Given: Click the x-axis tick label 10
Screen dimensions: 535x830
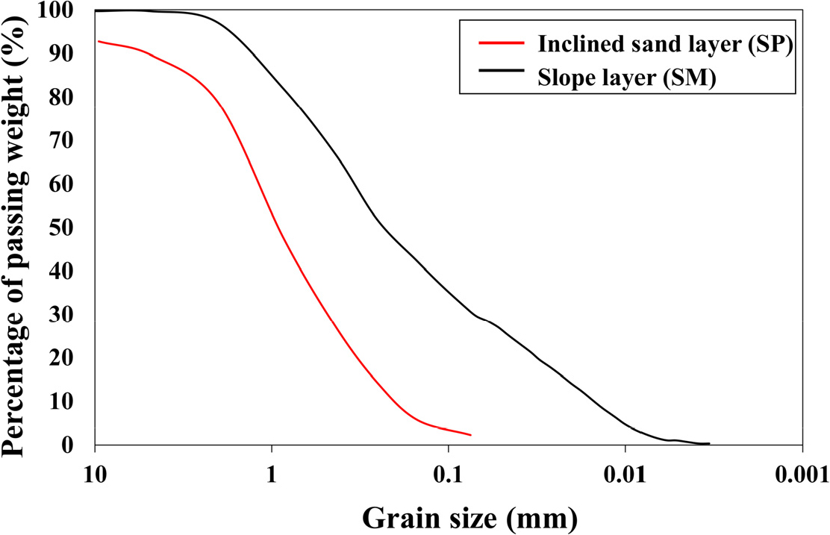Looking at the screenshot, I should (x=95, y=475).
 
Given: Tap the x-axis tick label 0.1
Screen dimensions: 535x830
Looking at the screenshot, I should (x=448, y=475).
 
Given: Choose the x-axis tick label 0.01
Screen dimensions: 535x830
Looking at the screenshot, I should (x=625, y=475).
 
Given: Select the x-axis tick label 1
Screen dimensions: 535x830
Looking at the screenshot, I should (x=272, y=475).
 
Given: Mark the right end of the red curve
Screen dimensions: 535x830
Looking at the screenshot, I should (x=471, y=434).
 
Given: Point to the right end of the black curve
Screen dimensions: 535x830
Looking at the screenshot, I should (x=709, y=444).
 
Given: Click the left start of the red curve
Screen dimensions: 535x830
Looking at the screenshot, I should (x=99, y=41).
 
